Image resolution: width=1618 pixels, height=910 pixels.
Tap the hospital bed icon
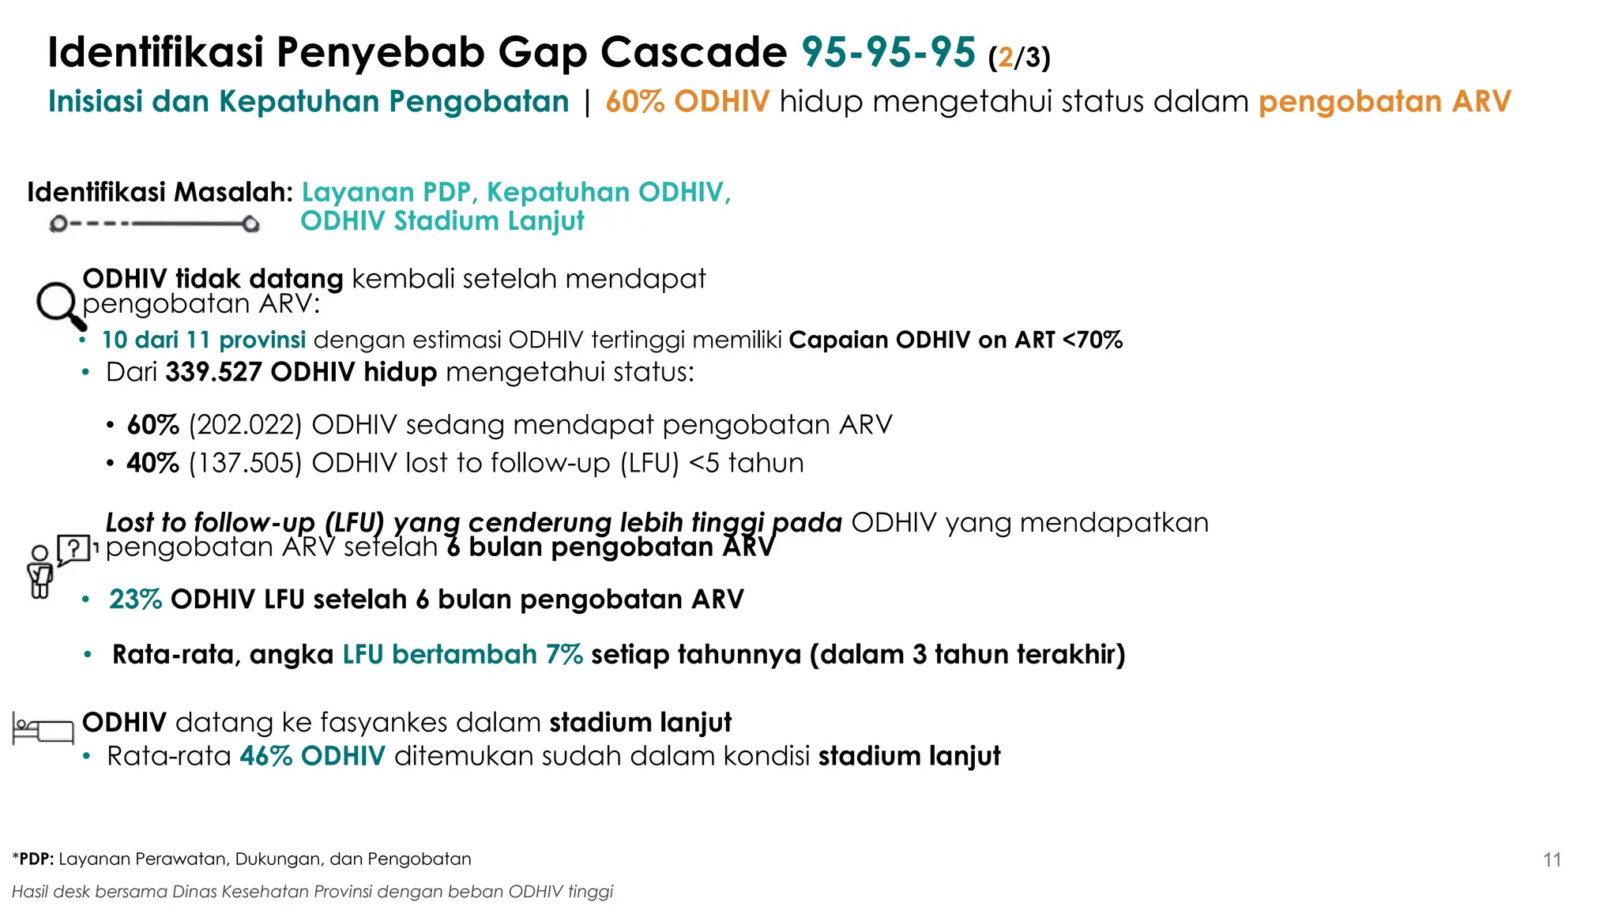pos(43,728)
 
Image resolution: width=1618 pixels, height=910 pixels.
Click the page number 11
pos(1552,859)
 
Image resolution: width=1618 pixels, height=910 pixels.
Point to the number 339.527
pos(213,372)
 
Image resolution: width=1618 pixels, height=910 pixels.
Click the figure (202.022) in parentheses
pos(245,425)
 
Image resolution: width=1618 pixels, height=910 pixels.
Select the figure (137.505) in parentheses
pos(245,463)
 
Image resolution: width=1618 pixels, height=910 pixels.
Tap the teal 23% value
pos(135,600)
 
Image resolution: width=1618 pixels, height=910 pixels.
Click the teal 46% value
pos(266,756)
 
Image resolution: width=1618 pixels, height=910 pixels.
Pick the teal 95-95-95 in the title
pos(888,53)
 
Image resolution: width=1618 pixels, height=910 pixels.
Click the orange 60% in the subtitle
pos(634,102)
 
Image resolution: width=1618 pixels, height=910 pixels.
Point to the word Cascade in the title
pos(693,53)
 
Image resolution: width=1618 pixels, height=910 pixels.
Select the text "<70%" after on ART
pos(1093,340)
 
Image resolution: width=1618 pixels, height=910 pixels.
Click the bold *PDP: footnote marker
pos(33,859)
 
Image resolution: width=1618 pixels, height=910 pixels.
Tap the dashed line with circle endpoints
pos(154,224)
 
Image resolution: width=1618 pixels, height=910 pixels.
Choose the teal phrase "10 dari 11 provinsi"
pos(203,340)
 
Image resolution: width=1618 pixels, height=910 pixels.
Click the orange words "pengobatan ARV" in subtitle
pos(1384,102)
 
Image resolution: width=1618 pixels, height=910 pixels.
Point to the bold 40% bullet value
pos(152,463)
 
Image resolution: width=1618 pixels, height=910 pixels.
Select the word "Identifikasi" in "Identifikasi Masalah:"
pos(96,192)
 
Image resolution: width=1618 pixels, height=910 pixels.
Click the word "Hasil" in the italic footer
pos(30,892)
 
